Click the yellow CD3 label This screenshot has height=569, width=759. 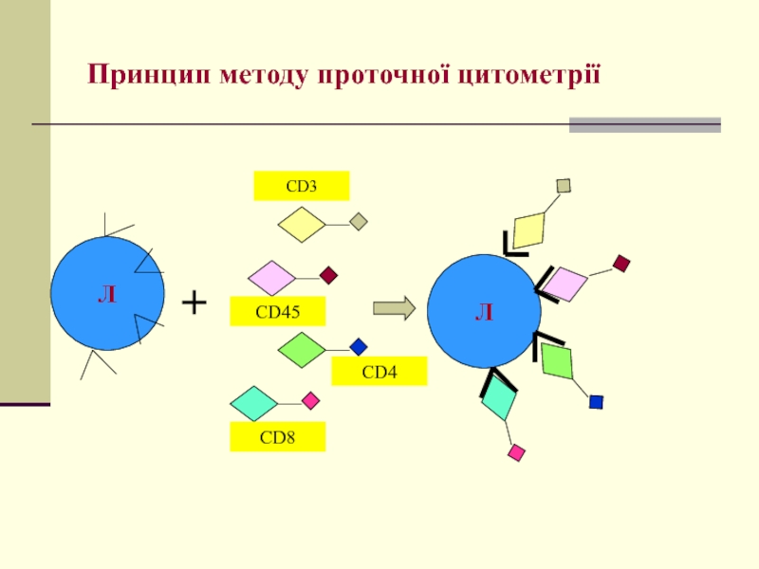coord(301,186)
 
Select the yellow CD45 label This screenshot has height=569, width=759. coord(277,311)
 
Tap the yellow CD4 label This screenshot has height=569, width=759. coord(379,372)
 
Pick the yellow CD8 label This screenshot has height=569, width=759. coord(277,437)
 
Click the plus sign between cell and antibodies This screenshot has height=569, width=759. coord(194,303)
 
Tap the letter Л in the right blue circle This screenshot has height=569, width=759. coord(484,312)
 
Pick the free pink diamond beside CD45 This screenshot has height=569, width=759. coord(272,278)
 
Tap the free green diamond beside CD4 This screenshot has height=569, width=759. coord(303,350)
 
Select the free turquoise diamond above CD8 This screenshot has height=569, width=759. coord(253,403)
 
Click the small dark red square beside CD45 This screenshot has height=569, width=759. coord(328,276)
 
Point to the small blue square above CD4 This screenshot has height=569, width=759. coord(358,347)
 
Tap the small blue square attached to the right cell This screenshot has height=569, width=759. coord(596,401)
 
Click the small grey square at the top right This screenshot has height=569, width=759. coord(564,186)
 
